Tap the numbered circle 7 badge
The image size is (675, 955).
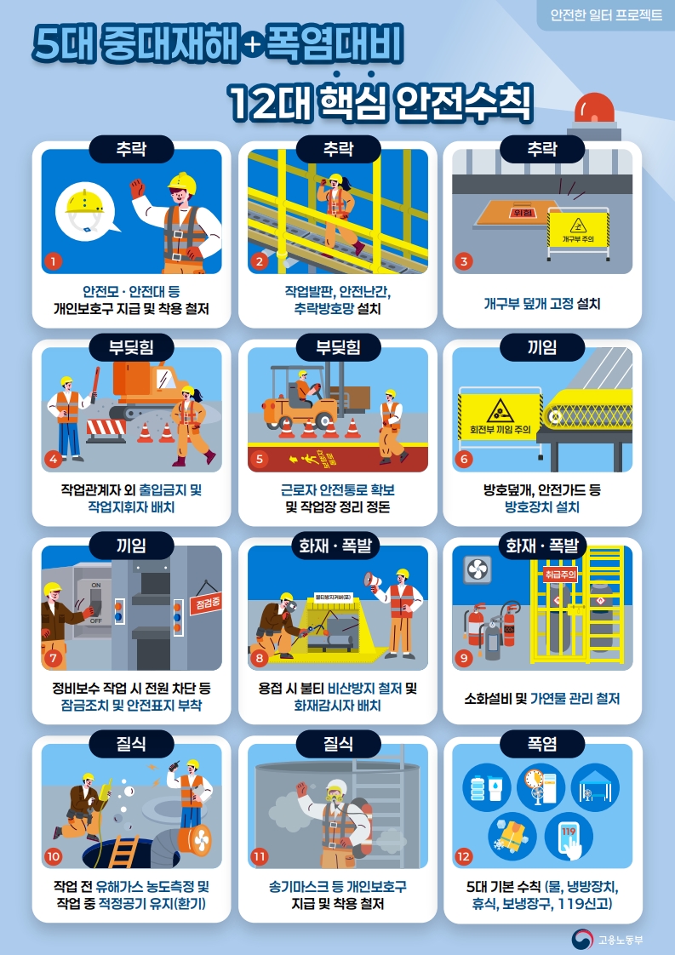[53, 658]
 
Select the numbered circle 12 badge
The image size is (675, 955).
[464, 856]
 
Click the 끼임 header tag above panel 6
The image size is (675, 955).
[542, 348]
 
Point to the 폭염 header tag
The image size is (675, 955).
[542, 744]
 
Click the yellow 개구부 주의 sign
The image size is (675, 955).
[578, 228]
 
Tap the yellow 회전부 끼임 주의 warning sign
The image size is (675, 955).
[500, 416]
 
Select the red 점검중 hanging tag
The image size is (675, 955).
[205, 603]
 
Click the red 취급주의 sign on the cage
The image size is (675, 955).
[560, 575]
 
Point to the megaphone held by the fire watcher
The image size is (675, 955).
[373, 579]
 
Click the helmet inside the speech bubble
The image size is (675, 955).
[84, 203]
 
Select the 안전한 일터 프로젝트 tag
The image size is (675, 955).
[605, 15]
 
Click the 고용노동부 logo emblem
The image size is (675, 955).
[582, 939]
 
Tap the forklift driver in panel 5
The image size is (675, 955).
[303, 387]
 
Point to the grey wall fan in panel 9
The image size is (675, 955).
[477, 569]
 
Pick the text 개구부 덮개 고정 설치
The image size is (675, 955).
[542, 303]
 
